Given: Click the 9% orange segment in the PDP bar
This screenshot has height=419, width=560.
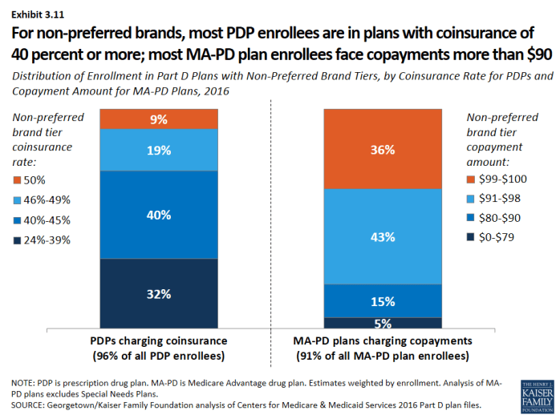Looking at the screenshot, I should click(159, 119).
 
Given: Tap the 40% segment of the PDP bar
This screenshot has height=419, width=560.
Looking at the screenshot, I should click(159, 214).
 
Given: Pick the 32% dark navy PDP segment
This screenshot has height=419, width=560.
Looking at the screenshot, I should click(159, 293).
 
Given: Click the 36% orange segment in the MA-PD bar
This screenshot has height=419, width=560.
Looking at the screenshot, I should click(383, 148).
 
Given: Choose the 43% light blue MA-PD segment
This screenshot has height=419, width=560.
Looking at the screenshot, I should click(383, 236).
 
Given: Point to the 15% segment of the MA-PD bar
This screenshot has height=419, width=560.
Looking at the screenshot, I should click(383, 301).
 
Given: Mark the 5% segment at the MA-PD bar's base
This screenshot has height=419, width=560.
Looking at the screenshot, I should click(383, 324).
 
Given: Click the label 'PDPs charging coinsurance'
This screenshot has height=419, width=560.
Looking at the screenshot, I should click(159, 340).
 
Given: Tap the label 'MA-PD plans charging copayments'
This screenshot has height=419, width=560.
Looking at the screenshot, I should click(383, 340).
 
